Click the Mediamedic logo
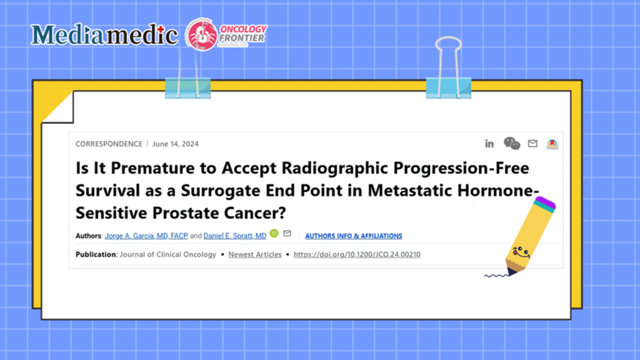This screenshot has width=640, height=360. [104, 34]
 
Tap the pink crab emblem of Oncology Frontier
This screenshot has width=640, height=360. [202, 34]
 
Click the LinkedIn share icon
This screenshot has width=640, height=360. [489, 143]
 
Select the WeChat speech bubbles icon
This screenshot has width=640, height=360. [512, 143]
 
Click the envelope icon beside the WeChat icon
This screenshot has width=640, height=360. [532, 143]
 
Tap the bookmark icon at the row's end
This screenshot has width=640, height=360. [552, 143]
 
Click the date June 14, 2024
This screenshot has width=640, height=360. [176, 144]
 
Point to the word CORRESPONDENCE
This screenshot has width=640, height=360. [109, 144]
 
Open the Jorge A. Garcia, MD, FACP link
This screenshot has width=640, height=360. [146, 236]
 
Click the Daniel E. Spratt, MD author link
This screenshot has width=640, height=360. [235, 236]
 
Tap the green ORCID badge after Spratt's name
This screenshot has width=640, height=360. [274, 233]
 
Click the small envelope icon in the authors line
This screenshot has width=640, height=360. [287, 233]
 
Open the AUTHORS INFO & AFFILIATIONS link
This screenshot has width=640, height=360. [354, 236]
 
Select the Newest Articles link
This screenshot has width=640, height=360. [255, 254]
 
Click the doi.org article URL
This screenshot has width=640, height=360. [357, 254]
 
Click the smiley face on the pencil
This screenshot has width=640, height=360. [520, 252]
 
